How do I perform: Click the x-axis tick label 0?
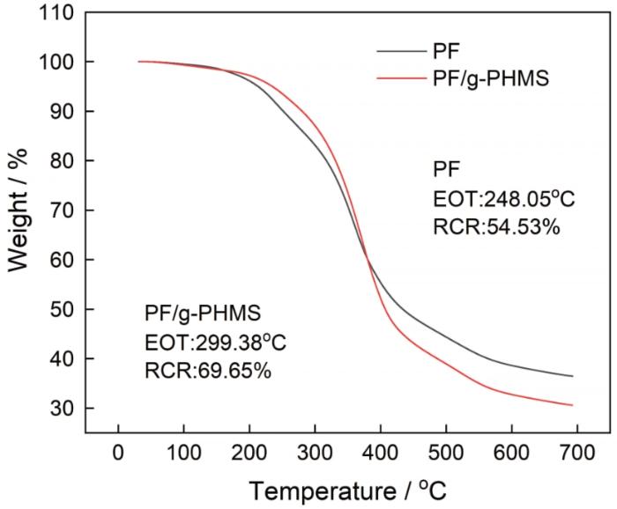click(118, 454)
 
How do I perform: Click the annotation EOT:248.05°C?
click(503, 198)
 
